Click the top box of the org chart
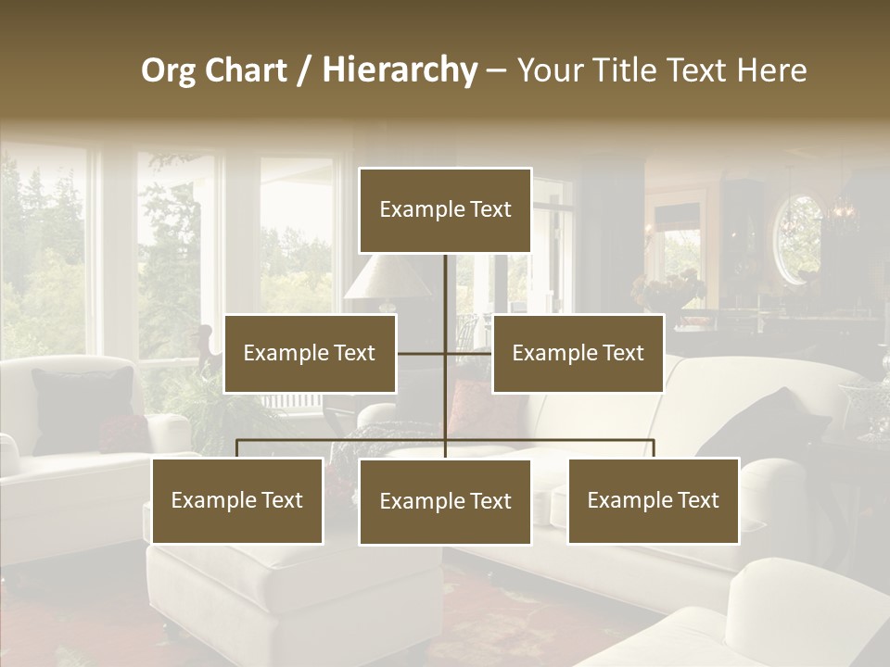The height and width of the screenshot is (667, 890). click(x=445, y=210)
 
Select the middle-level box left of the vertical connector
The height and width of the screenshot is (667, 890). click(x=310, y=354)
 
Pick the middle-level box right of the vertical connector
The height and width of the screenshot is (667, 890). click(x=578, y=354)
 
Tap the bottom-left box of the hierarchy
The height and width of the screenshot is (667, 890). click(x=237, y=501)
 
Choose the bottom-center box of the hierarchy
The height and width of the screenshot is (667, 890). click(x=445, y=502)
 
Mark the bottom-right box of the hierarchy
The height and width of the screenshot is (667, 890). click(x=653, y=501)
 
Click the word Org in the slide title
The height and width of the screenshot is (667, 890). click(x=169, y=70)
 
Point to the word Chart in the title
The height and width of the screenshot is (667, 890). click(x=246, y=70)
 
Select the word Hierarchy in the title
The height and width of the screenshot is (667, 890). click(x=400, y=70)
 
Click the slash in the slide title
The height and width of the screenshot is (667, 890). click(x=304, y=71)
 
